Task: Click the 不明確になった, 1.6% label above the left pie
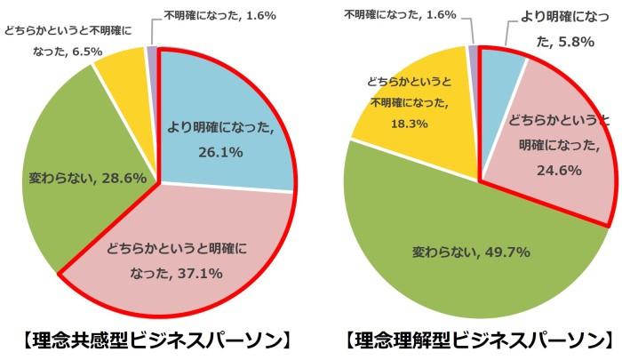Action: [219, 15]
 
